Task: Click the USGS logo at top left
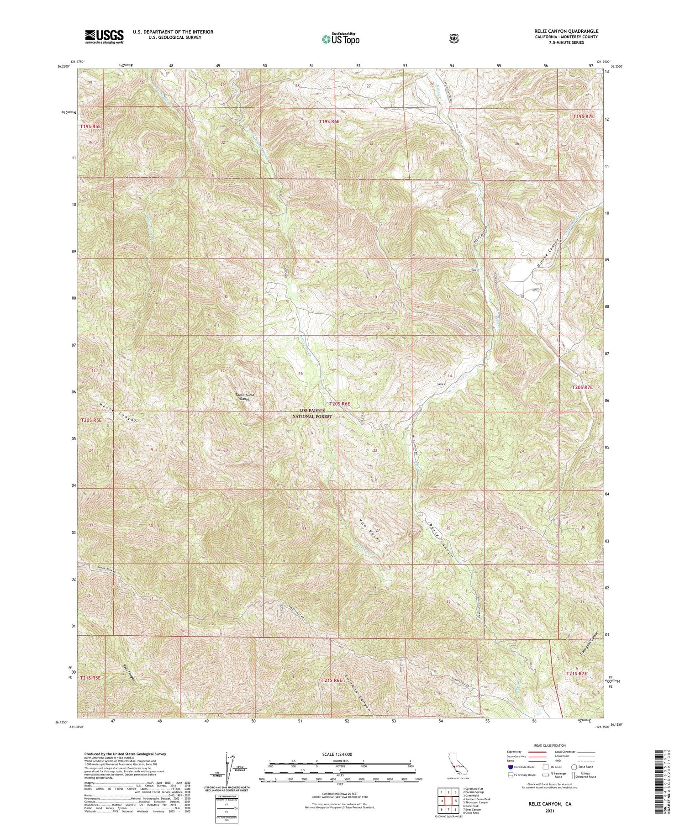coord(104,37)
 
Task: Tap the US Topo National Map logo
coord(340,39)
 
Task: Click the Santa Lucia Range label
coord(245,397)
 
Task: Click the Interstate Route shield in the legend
coord(510,767)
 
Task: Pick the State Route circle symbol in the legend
coord(574,767)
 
